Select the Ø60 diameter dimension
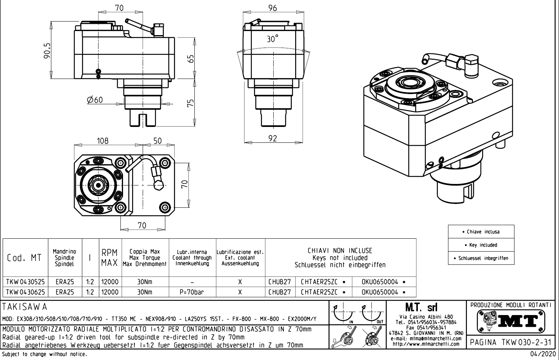pos(94,100)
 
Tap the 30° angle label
pos(272,39)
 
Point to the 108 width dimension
pos(102,141)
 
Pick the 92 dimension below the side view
pos(273,139)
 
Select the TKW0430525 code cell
pos(25,282)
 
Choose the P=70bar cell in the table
pos(192,292)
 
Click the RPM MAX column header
pos(109,257)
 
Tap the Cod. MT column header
pos(25,258)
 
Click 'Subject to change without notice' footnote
pos(45,354)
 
